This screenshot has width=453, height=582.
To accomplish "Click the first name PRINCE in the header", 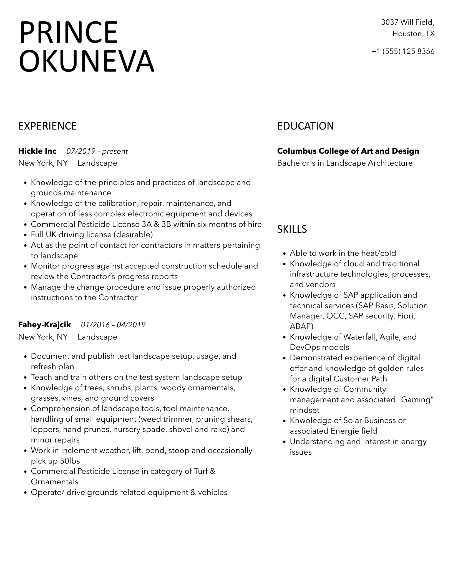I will (69, 33).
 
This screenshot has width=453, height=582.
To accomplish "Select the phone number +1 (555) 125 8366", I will (403, 52).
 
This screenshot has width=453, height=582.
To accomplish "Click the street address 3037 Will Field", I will (407, 22).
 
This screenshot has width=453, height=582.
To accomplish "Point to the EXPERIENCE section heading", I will (47, 126).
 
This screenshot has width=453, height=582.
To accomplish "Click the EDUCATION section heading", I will (305, 126).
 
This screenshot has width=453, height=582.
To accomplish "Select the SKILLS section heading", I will (292, 229).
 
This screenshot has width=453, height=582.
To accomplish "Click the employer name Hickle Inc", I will (37, 151).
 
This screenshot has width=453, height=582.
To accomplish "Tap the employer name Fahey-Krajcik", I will (44, 325).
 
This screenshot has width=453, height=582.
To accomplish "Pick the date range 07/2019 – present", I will (97, 151).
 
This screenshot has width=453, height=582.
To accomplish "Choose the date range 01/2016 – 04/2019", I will (113, 325).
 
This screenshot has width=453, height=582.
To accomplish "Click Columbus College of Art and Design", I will (348, 151).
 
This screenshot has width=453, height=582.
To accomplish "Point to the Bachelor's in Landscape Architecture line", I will (345, 163).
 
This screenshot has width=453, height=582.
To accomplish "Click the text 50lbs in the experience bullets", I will (70, 461).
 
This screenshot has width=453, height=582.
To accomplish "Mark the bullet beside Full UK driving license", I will (25, 235).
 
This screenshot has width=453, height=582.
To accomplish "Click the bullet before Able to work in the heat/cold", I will (284, 254).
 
